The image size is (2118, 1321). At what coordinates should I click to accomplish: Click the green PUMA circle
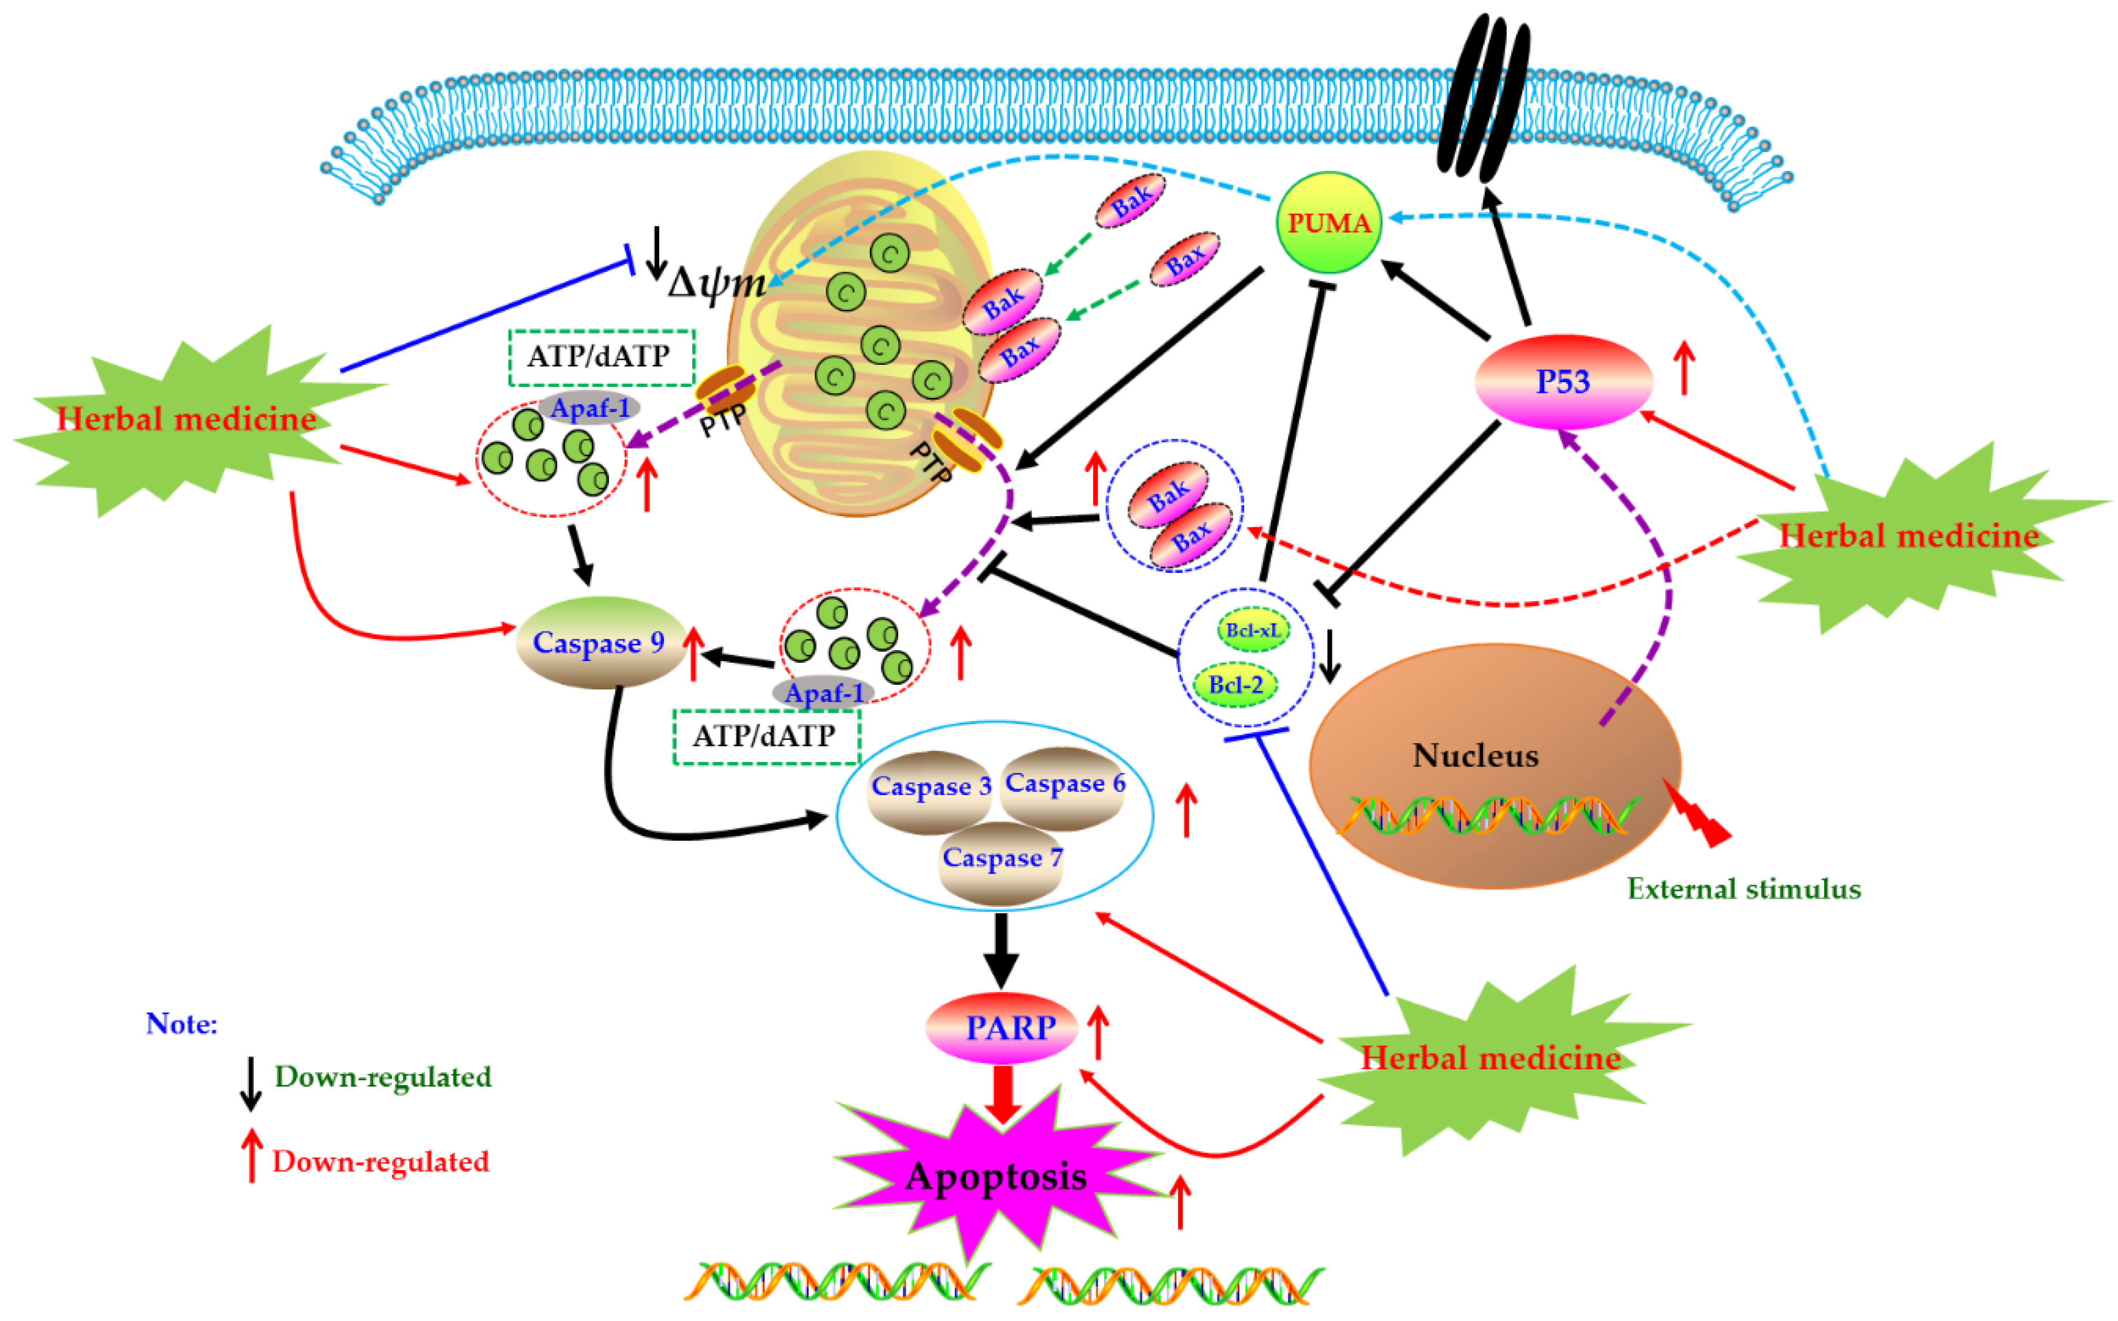point(1328,223)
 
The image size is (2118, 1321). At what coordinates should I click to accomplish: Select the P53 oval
point(1563,382)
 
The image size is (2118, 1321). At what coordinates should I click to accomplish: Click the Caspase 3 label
point(930,786)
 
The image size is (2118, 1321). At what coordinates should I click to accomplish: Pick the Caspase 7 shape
point(1001,860)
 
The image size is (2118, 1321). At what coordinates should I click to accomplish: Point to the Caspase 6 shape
point(1064,783)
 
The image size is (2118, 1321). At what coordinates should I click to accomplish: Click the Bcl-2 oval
point(1235,685)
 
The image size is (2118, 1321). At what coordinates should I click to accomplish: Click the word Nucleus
point(1475,756)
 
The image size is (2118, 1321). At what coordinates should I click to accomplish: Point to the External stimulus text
point(1743,889)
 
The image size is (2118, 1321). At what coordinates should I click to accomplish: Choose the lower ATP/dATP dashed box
point(766,737)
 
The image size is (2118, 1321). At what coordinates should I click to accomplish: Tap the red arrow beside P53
point(1684,367)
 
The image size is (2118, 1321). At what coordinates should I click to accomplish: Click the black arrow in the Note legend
point(251,1083)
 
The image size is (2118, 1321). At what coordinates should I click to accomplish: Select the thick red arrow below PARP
point(1003,1095)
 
